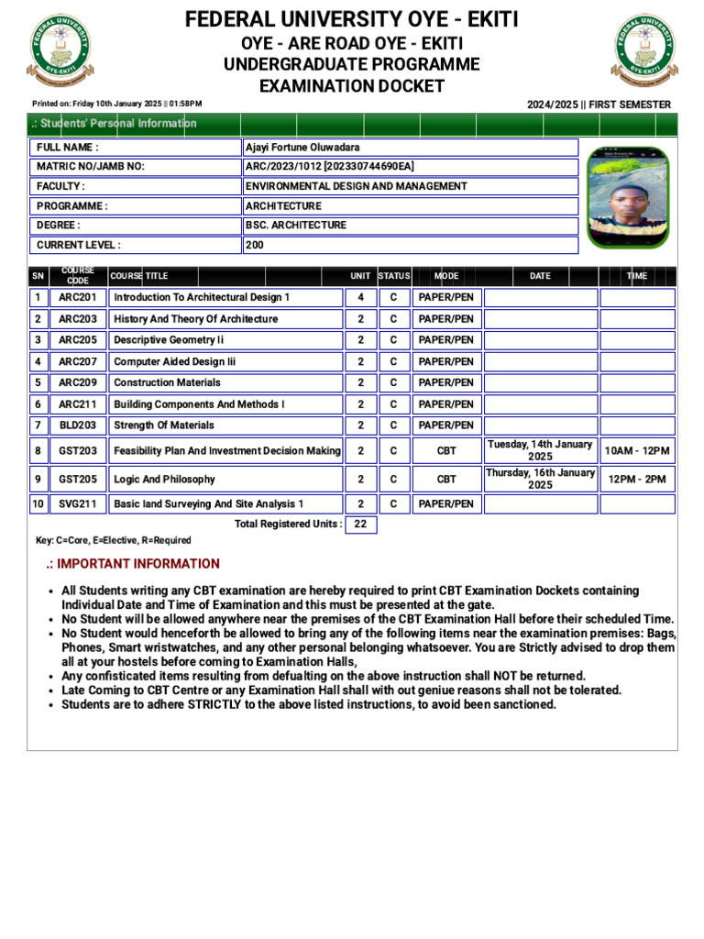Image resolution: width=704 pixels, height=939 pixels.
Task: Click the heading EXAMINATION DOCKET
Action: (x=352, y=86)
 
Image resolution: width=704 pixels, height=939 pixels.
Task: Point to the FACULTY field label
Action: (x=60, y=186)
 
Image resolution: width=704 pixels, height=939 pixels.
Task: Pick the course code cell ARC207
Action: (x=78, y=362)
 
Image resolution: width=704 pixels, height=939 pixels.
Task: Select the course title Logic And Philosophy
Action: (x=164, y=479)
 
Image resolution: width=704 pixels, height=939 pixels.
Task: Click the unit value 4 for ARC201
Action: (x=360, y=298)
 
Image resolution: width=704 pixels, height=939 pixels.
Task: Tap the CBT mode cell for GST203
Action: (x=446, y=451)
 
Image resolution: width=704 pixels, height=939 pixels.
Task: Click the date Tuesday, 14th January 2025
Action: (x=540, y=450)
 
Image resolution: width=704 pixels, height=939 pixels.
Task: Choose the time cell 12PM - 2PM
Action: (x=637, y=479)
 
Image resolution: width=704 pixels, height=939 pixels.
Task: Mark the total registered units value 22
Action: (x=360, y=525)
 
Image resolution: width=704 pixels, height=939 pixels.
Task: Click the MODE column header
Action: (x=446, y=276)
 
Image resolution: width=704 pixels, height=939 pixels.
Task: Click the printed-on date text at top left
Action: (x=116, y=105)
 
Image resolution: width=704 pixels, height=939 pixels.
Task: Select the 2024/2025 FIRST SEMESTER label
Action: (x=599, y=105)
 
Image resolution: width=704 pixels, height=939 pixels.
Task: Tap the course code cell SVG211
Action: (x=78, y=504)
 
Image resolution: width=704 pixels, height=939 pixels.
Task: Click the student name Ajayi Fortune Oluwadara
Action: (x=302, y=148)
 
